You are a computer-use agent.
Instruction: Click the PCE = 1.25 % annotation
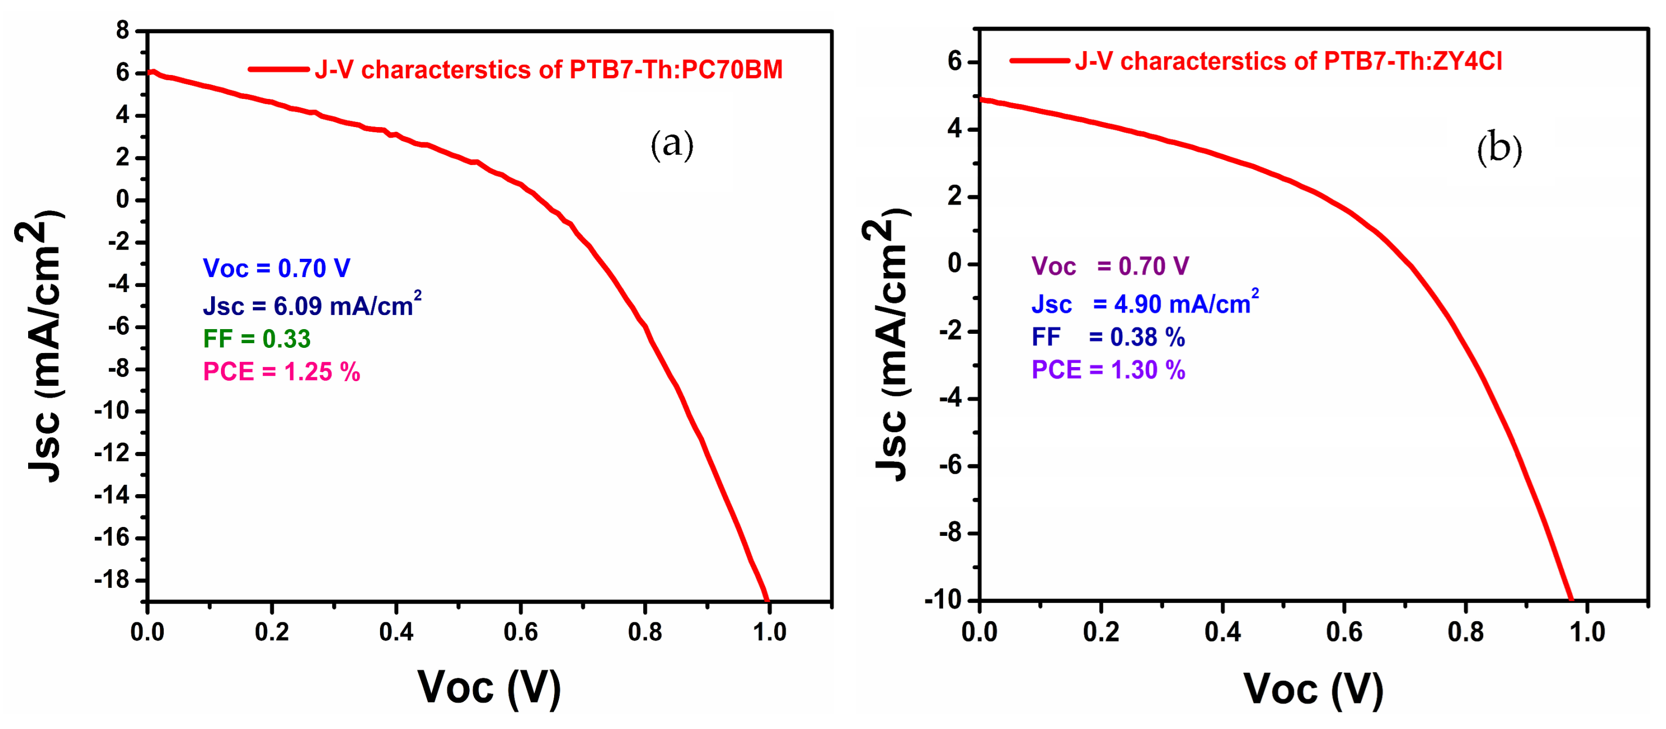[x=281, y=372]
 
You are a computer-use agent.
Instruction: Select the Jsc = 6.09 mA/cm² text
[x=312, y=305]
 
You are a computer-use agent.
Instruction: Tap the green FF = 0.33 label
[x=257, y=338]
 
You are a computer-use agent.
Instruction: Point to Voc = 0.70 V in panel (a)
[x=276, y=268]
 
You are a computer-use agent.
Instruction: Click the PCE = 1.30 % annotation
[x=1108, y=370]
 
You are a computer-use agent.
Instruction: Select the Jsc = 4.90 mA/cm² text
[x=1145, y=303]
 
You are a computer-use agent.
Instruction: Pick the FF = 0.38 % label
[x=1108, y=337]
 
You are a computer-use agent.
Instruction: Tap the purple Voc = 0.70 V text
[x=1110, y=266]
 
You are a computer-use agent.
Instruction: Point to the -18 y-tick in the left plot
[x=112, y=580]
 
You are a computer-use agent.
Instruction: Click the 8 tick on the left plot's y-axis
[x=122, y=30]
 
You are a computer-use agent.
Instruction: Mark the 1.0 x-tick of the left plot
[x=769, y=632]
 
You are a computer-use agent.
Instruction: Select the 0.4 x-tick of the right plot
[x=1222, y=632]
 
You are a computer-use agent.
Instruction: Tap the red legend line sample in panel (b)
[x=1039, y=61]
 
